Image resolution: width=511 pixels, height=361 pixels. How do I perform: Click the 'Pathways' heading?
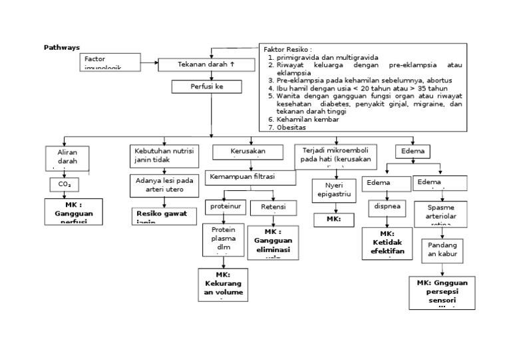pyautogui.click(x=61, y=48)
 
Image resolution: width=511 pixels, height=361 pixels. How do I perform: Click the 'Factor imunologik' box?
pyautogui.click(x=110, y=62)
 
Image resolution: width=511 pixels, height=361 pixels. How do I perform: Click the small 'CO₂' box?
pyautogui.click(x=65, y=183)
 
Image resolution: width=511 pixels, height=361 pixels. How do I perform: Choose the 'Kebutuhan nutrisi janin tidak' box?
pyautogui.click(x=164, y=156)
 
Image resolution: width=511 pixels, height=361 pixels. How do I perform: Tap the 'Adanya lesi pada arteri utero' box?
pyautogui.click(x=164, y=185)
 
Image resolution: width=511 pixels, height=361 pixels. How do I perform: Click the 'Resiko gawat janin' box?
pyautogui.click(x=164, y=216)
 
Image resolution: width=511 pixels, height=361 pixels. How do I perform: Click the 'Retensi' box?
pyautogui.click(x=273, y=207)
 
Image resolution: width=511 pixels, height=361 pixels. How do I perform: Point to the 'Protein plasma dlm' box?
pyautogui.click(x=223, y=239)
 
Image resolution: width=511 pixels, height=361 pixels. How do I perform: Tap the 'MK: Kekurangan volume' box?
pyautogui.click(x=223, y=285)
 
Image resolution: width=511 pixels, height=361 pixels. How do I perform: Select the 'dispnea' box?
pyautogui.click(x=387, y=207)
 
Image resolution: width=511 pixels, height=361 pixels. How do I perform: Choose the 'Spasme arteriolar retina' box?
pyautogui.click(x=441, y=215)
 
